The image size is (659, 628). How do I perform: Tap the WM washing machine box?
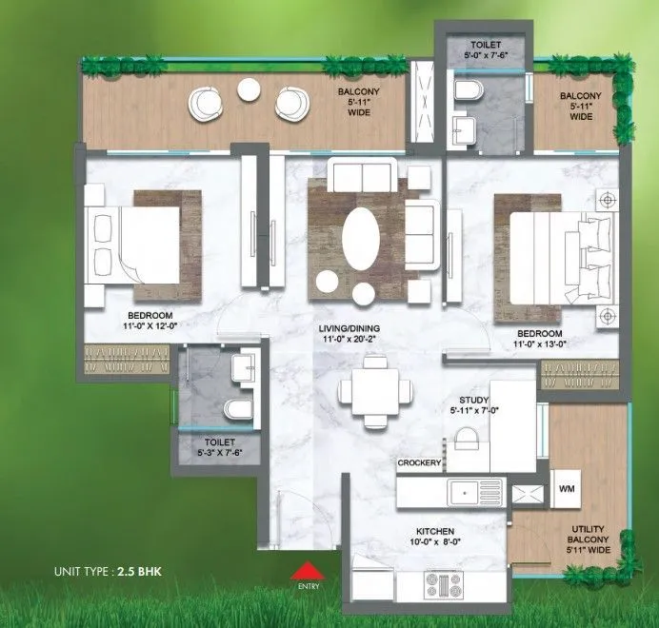point(567,489)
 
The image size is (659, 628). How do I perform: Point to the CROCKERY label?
point(419,463)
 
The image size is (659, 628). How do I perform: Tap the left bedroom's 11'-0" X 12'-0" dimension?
point(150,326)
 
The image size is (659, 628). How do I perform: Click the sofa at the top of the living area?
point(356,176)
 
